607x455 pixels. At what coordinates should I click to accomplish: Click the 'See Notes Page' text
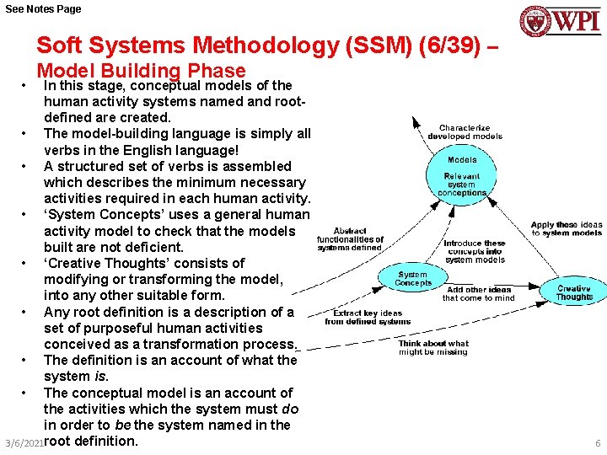[43, 8]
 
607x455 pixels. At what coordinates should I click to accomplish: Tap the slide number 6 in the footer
[598, 443]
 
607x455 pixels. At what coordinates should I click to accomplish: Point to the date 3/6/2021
[23, 443]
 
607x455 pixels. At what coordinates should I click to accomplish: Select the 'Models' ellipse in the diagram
[461, 159]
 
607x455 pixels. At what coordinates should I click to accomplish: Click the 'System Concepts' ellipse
[412, 278]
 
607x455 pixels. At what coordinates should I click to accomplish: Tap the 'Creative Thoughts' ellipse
[574, 292]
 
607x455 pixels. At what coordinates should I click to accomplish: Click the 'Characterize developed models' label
[465, 132]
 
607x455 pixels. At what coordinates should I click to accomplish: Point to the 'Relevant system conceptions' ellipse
[461, 185]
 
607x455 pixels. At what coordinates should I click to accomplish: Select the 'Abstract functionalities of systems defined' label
[350, 239]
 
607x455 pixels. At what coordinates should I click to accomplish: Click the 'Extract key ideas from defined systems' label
[368, 317]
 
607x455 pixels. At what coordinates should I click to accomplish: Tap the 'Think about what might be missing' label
[433, 348]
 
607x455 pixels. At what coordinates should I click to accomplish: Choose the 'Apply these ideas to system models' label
[567, 228]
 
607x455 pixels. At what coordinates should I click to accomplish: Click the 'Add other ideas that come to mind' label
[478, 293]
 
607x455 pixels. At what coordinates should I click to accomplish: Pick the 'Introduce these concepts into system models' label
[475, 251]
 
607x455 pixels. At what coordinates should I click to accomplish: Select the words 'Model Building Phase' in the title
[141, 72]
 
